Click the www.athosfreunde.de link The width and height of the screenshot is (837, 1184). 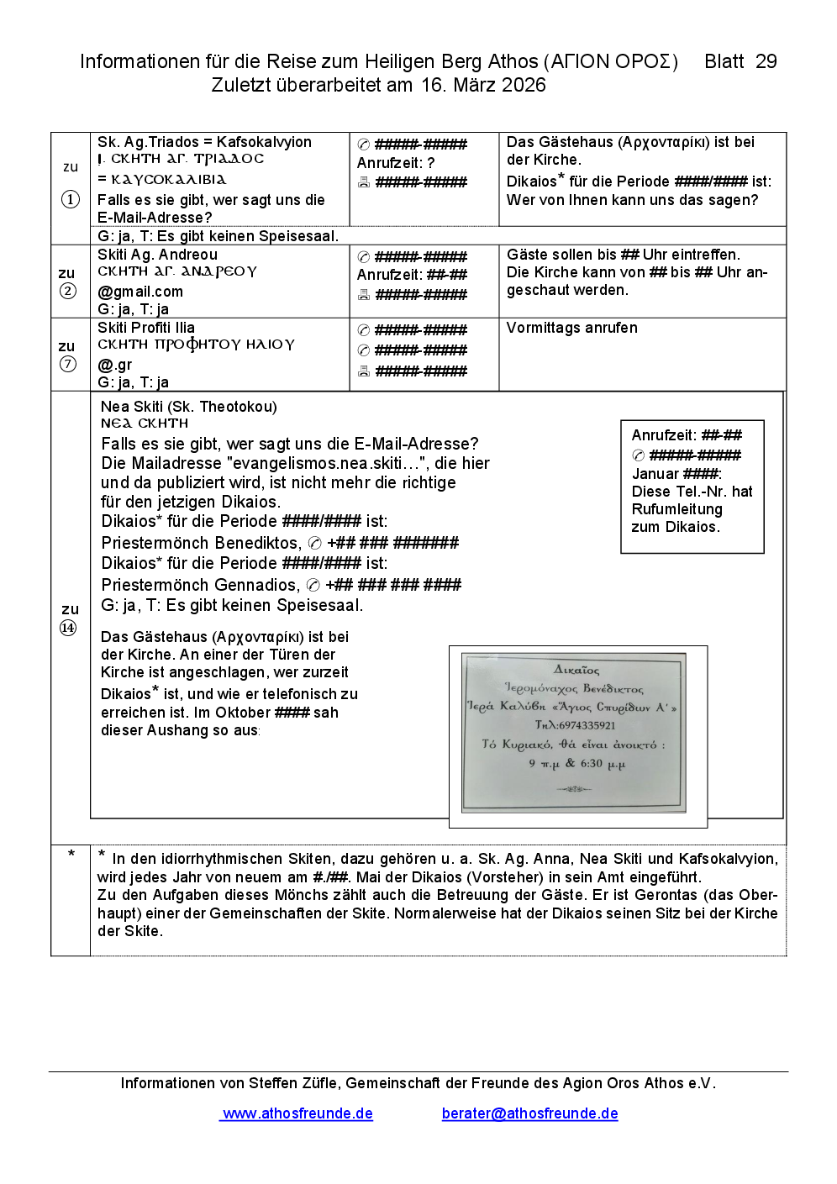pos(297,1113)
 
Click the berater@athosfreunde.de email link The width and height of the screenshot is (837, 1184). pos(529,1113)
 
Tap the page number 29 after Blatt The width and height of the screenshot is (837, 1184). pos(766,61)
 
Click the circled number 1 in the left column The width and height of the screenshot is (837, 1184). pos(71,199)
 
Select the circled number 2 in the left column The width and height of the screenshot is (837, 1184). pos(68,291)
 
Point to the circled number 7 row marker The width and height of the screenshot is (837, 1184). pos(68,364)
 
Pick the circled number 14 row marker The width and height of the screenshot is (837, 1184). pos(68,628)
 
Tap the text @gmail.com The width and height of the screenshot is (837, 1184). pos(140,292)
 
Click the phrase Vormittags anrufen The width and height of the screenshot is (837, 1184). pos(571,328)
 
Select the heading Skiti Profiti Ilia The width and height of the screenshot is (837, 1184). pos(146,328)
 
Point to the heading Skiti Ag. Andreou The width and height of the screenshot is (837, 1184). pos(157,255)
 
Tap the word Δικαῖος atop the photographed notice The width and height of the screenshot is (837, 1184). pos(576,670)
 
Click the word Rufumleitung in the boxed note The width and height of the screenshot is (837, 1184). pos(676,509)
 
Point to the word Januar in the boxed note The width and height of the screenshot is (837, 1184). pos(655,474)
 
